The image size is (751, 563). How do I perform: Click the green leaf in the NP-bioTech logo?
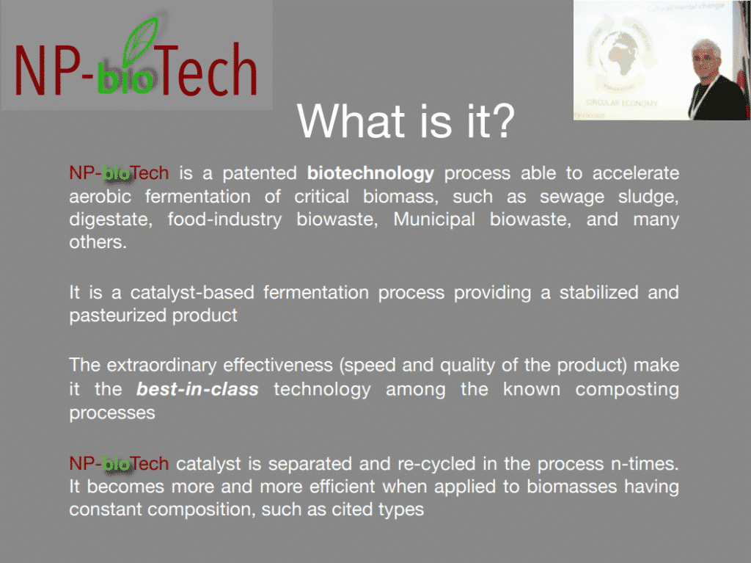point(140,42)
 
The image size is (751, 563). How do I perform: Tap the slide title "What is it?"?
point(406,121)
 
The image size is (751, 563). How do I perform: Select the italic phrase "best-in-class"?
point(197,389)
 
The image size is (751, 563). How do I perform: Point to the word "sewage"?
point(572,197)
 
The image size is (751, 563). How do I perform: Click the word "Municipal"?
point(434,219)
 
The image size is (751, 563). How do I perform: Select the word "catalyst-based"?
point(192,293)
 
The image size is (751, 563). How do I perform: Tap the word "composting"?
point(627,389)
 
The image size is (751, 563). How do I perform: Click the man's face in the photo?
point(706,60)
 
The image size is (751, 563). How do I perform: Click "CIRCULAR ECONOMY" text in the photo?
point(622,103)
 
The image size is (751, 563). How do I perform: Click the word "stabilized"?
point(598,293)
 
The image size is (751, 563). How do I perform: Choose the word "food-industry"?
point(224,219)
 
